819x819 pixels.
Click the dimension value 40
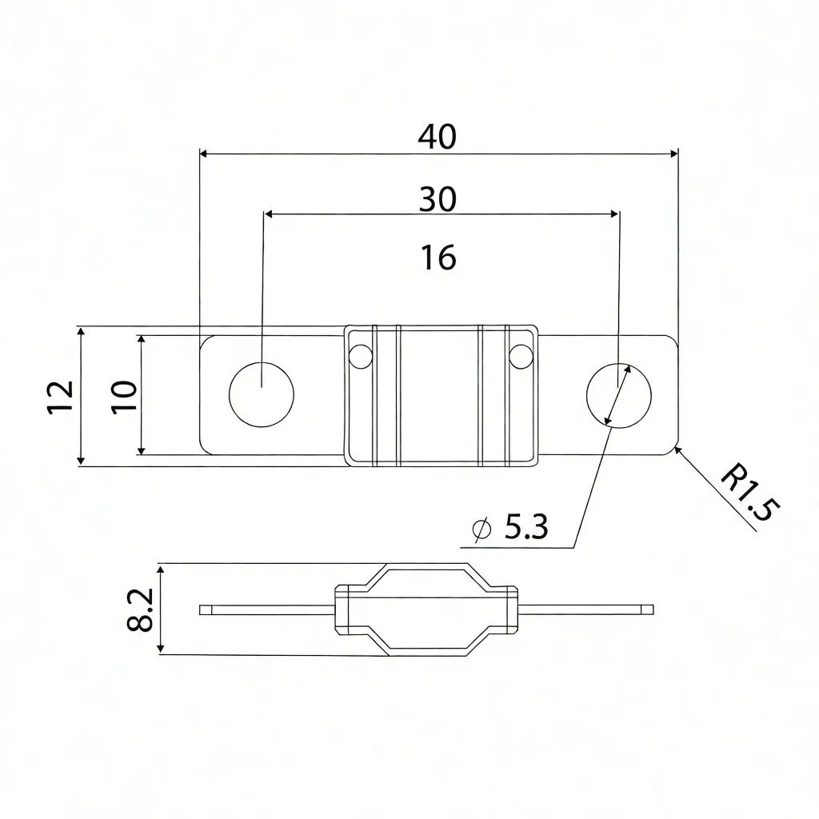[437, 138]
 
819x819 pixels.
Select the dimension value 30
[437, 199]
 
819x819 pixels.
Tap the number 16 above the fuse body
[437, 258]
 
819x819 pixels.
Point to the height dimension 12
[61, 396]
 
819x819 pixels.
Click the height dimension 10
[124, 396]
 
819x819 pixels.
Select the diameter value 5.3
[526, 527]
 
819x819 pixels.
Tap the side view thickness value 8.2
[141, 610]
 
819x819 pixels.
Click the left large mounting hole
[262, 394]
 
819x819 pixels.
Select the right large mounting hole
[618, 394]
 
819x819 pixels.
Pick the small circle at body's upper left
[361, 356]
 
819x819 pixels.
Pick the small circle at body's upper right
[521, 356]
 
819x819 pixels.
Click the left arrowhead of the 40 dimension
[203, 152]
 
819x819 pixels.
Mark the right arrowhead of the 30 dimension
[614, 214]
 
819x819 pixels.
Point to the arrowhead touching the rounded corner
[678, 450]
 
